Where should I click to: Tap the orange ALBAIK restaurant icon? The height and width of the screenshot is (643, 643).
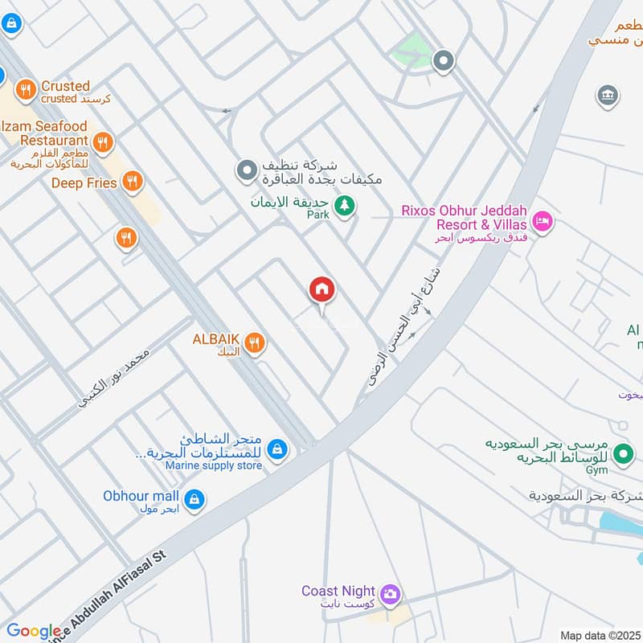pos(254,344)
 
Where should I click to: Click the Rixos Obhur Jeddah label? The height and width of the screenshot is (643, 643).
pos(465,217)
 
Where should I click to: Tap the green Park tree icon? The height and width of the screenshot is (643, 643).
pos(344,207)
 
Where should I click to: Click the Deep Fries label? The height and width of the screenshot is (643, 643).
pos(84,183)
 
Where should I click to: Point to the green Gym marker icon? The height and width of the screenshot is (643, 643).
pos(622,455)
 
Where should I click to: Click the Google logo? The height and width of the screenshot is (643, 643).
pos(34,631)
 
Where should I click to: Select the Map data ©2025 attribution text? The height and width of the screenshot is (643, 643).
pos(600,635)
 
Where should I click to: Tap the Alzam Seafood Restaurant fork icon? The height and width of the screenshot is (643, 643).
pos(102,144)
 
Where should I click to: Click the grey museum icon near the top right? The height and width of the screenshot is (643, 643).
pos(608,97)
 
